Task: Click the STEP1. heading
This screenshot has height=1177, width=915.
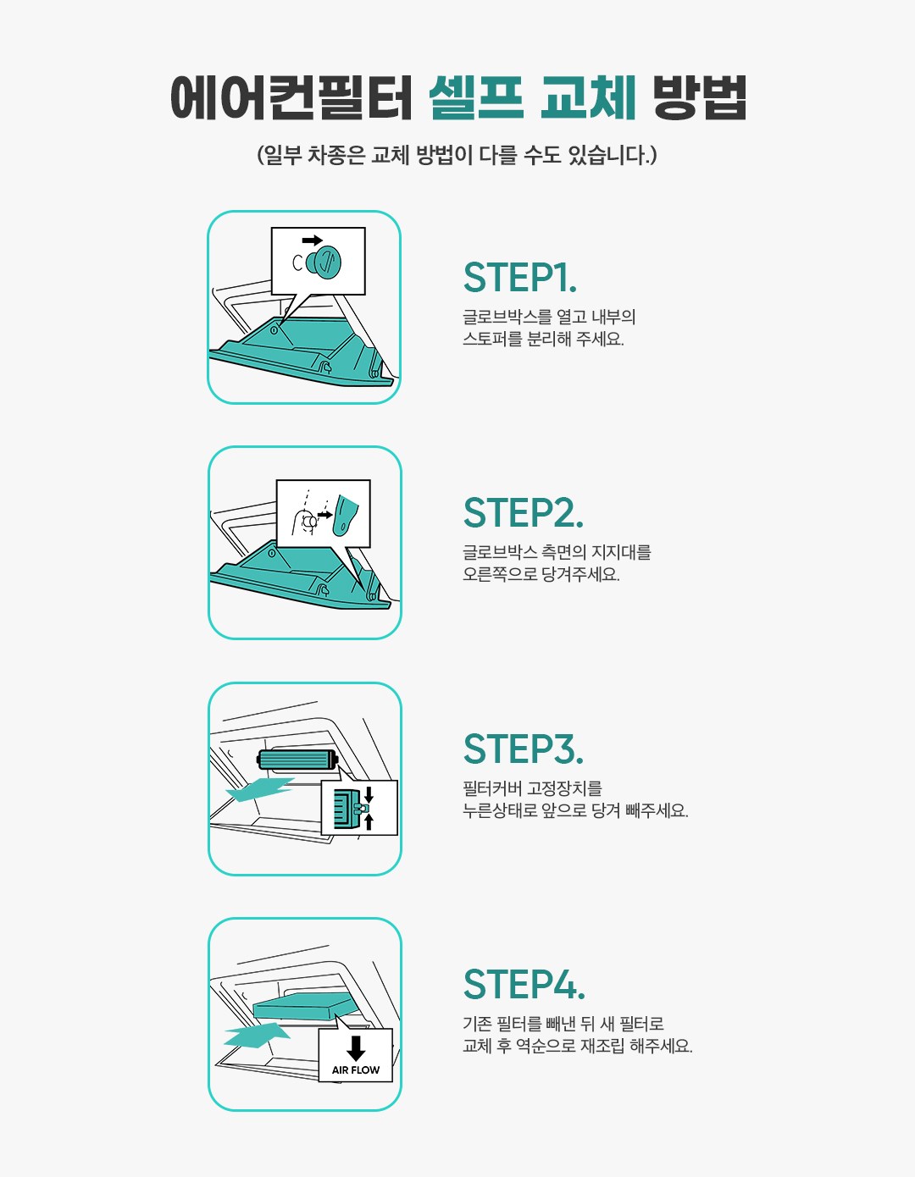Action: pos(519,278)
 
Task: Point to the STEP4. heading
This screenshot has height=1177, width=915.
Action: pos(524,984)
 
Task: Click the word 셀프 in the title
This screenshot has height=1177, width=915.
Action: pos(476,97)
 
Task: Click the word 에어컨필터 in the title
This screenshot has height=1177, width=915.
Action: pos(292,97)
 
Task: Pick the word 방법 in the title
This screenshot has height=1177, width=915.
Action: pos(700,97)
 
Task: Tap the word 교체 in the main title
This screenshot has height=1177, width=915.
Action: pos(588,97)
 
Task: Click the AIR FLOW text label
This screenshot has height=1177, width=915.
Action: pos(355,1070)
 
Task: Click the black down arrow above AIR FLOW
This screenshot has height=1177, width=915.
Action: pos(355,1048)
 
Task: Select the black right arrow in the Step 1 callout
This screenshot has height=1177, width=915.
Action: pos(313,240)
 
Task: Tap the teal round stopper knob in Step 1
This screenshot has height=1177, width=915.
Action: pos(324,262)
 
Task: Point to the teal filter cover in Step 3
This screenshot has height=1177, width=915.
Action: pos(298,759)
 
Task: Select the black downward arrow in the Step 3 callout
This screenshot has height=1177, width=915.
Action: pos(369,795)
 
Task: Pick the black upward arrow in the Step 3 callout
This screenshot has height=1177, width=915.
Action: pos(369,821)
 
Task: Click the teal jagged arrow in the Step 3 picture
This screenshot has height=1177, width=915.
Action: pos(260,790)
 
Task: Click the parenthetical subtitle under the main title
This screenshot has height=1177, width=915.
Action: pos(457,155)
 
